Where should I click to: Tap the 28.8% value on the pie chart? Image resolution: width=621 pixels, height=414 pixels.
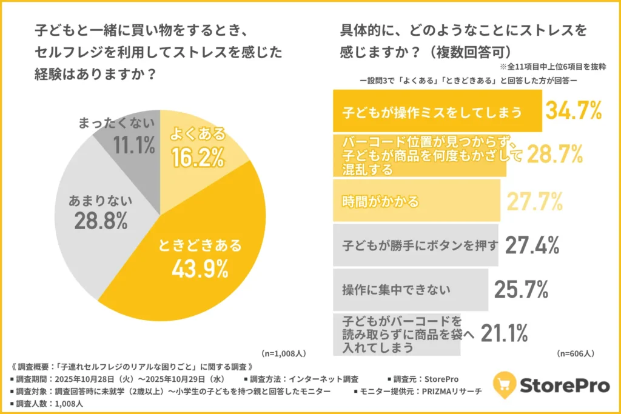click(101, 221)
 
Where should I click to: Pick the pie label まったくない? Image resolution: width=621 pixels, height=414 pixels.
click(118, 122)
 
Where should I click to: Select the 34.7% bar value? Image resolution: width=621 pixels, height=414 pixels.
click(573, 111)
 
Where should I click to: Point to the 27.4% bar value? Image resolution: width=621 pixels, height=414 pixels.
click(531, 245)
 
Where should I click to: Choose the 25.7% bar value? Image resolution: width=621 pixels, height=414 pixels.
click(522, 290)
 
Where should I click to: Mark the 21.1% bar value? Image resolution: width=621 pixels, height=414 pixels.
click(504, 332)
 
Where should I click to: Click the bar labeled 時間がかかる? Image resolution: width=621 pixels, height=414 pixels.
click(417, 201)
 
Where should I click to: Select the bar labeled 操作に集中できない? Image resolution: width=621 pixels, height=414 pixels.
click(411, 290)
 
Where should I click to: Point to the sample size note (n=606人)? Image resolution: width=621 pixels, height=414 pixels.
click(574, 353)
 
